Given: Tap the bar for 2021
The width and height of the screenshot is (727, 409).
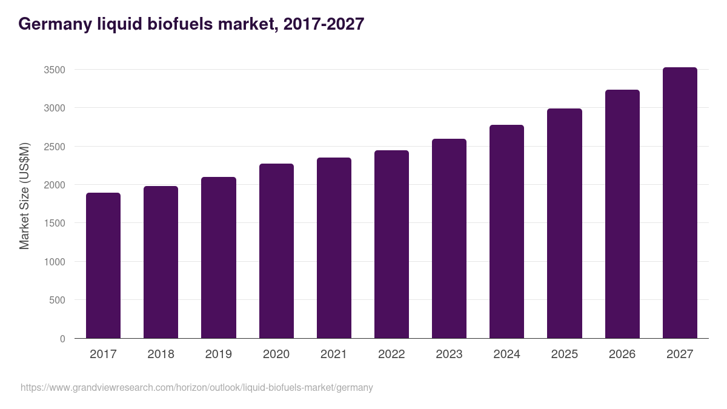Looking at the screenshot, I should pyautogui.click(x=334, y=248).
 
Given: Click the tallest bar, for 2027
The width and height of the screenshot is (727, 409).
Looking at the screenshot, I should pyautogui.click(x=680, y=202).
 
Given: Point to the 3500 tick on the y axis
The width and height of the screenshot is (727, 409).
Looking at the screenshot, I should pyautogui.click(x=55, y=70).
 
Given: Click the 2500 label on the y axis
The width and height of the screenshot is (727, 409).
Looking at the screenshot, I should pyautogui.click(x=55, y=147).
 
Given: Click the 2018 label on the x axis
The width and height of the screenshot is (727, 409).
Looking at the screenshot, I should pyautogui.click(x=161, y=354).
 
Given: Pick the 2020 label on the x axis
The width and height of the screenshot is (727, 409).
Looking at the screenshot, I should pyautogui.click(x=276, y=354).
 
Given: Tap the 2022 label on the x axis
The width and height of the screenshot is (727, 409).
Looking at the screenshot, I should pyautogui.click(x=391, y=354).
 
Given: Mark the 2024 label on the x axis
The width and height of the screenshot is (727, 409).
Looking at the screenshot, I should pyautogui.click(x=506, y=354).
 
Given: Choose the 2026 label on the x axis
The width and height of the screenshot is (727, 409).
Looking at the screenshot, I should pyautogui.click(x=622, y=354).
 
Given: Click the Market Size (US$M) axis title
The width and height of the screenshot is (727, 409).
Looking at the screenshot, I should pyautogui.click(x=24, y=196).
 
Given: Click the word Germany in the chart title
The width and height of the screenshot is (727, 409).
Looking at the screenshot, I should pyautogui.click(x=55, y=24).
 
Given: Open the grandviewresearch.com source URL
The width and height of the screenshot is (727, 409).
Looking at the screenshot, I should pyautogui.click(x=197, y=387).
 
